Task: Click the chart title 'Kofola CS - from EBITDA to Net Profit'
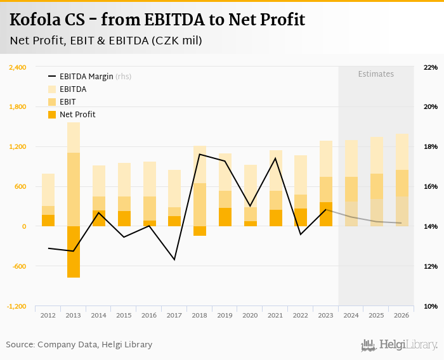click(x=157, y=20)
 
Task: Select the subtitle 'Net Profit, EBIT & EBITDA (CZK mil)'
click(x=106, y=41)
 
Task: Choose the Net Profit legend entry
click(x=77, y=115)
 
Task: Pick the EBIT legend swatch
click(x=52, y=102)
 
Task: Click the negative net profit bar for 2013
click(x=74, y=252)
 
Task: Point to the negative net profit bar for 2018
click(x=200, y=231)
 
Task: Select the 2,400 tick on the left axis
click(x=17, y=67)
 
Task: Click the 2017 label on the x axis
click(x=174, y=315)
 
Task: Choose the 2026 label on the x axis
click(x=401, y=315)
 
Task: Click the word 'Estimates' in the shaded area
click(x=375, y=74)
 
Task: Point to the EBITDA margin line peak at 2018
click(x=200, y=154)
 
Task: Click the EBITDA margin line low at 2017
click(x=174, y=259)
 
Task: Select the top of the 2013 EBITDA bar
click(x=74, y=123)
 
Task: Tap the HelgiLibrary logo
click(x=400, y=345)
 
